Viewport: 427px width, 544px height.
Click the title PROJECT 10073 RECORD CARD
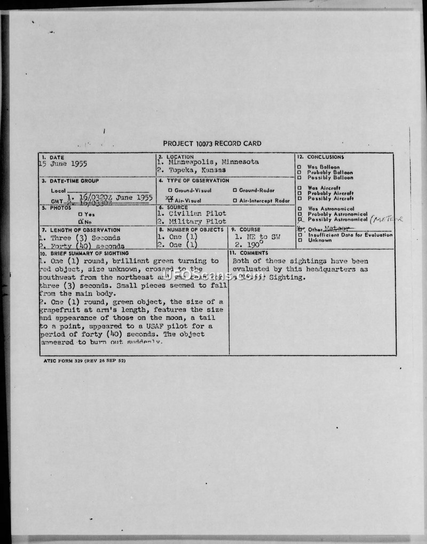click(x=212, y=144)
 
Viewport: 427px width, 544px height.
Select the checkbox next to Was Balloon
click(x=299, y=167)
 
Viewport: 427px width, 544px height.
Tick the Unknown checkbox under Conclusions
click(x=299, y=240)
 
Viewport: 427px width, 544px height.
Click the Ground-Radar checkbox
click(x=235, y=191)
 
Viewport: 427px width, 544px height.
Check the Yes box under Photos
click(x=80, y=214)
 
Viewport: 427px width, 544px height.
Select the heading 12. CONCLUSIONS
click(x=321, y=157)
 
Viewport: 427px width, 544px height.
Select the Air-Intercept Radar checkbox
click(x=235, y=201)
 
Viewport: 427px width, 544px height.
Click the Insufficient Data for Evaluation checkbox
click(x=299, y=235)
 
